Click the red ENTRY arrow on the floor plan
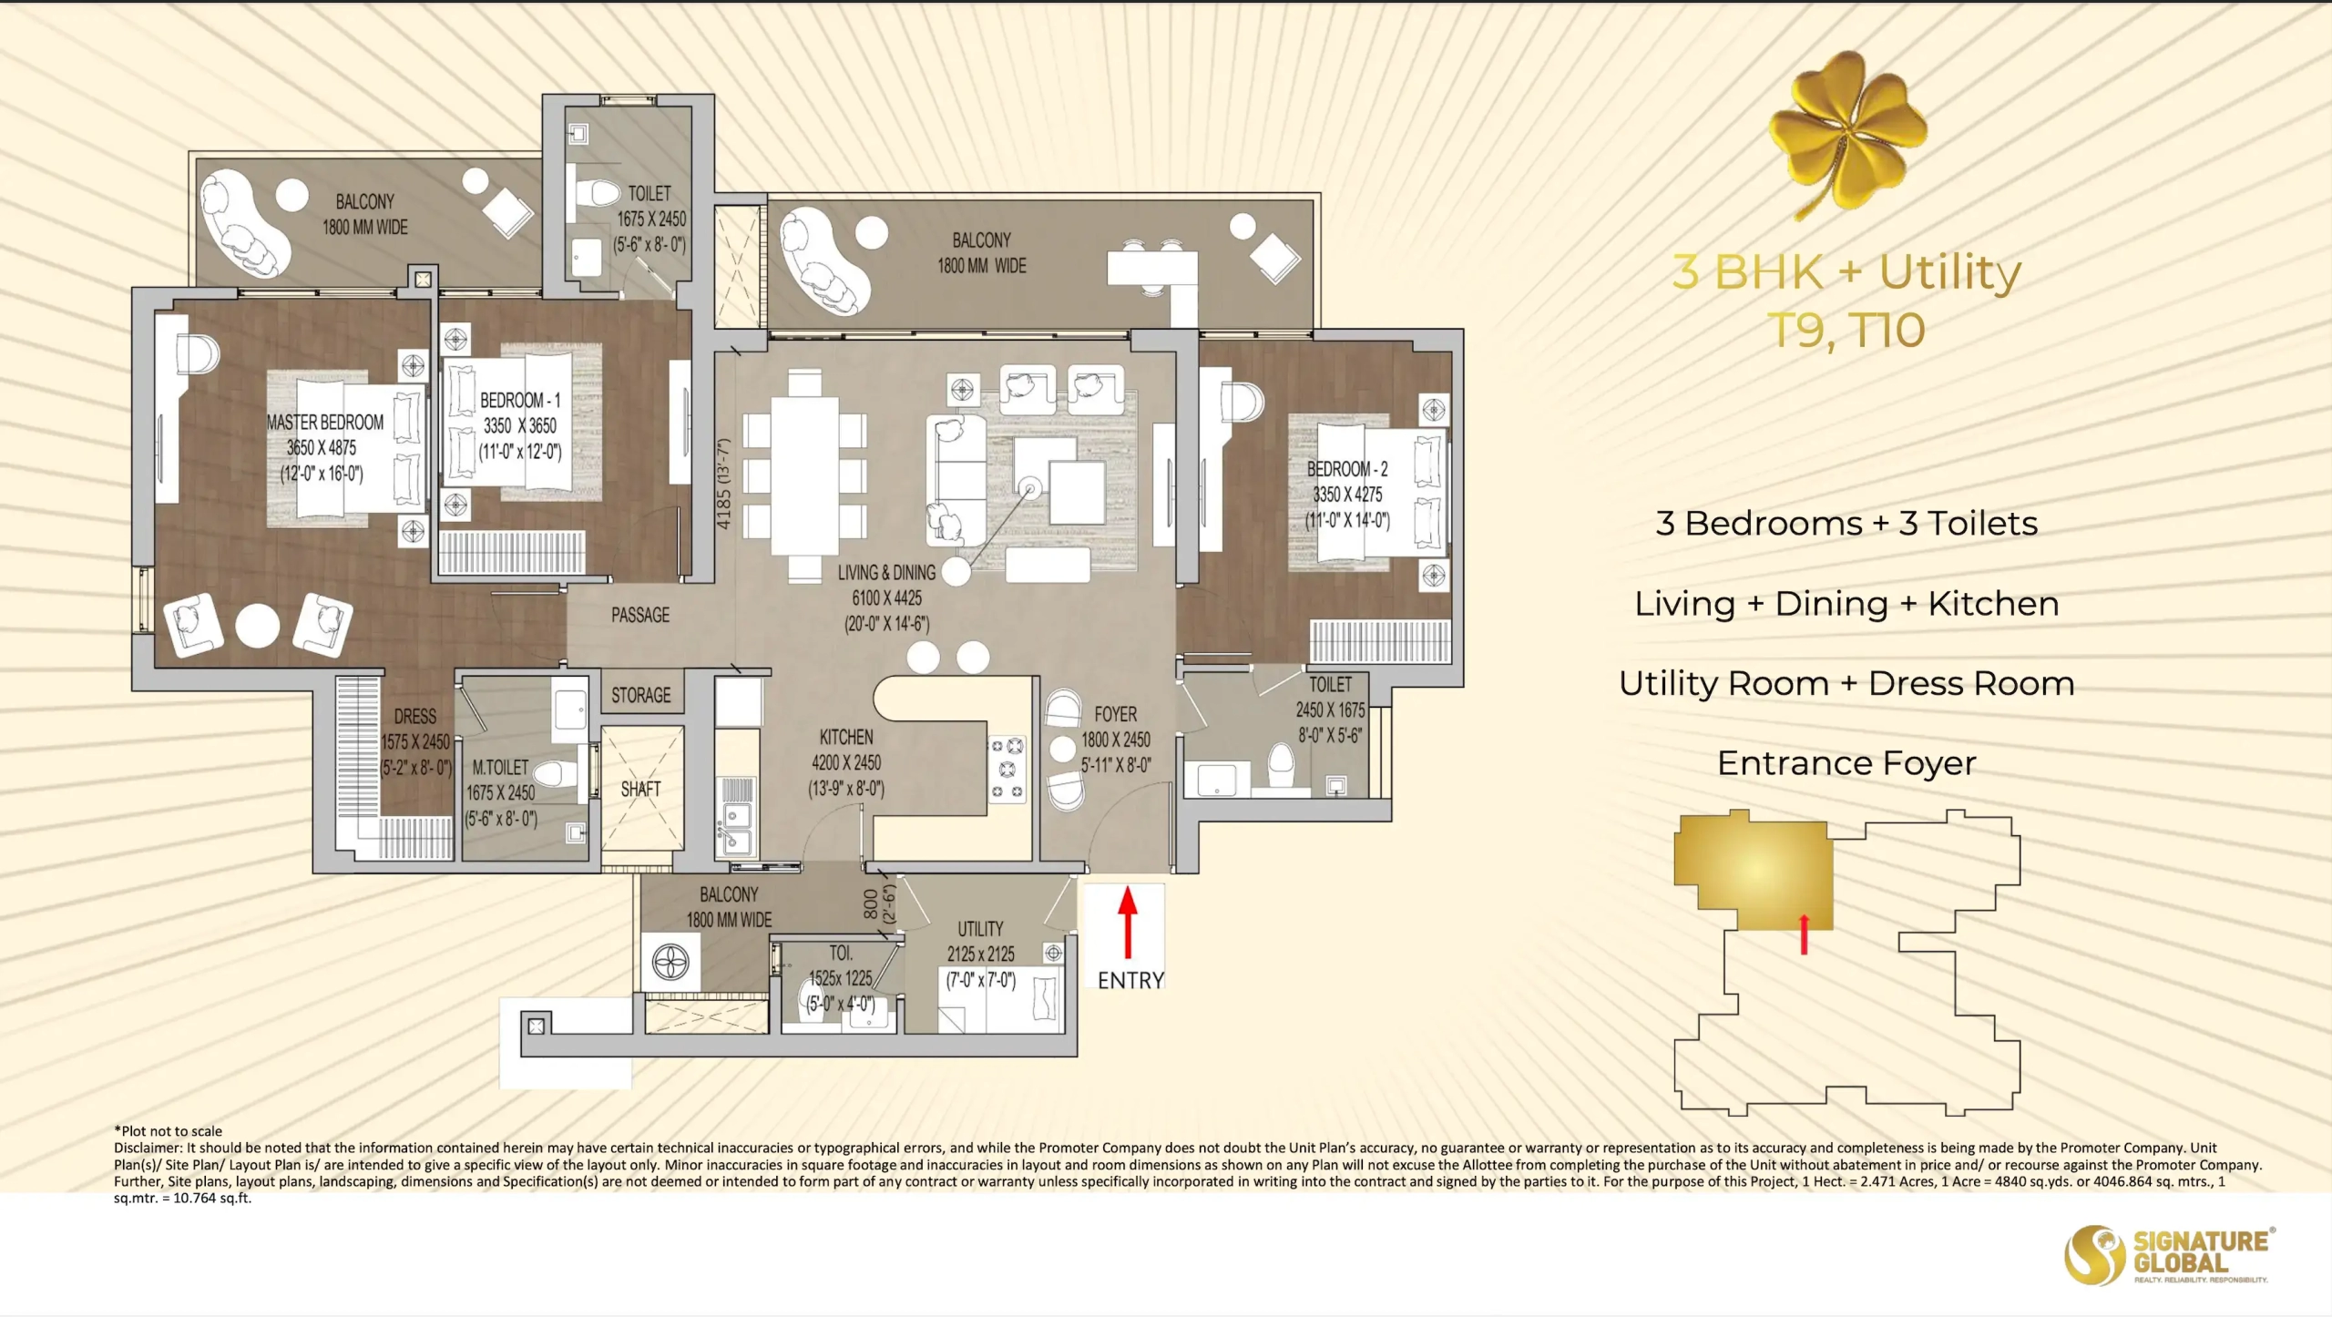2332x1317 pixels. click(x=1128, y=923)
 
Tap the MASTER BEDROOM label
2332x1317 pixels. click(x=325, y=423)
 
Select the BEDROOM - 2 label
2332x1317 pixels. click(x=1347, y=469)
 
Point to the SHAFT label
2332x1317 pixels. click(x=640, y=789)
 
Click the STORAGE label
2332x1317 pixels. click(x=640, y=695)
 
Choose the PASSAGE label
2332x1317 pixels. click(x=640, y=616)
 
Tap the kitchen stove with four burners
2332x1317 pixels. click(x=1007, y=770)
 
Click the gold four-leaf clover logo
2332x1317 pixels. click(x=1848, y=134)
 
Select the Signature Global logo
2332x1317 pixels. click(x=2169, y=1255)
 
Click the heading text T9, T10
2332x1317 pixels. click(x=1846, y=330)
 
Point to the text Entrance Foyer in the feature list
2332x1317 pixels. click(x=1846, y=763)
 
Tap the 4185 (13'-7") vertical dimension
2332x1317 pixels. click(x=724, y=484)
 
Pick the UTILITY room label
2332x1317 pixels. click(x=980, y=929)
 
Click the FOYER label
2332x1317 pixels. click(x=1116, y=714)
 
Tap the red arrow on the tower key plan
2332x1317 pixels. click(x=1804, y=934)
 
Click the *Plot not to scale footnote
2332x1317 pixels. click(x=168, y=1131)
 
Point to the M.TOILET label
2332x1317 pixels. click(x=500, y=768)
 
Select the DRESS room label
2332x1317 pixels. click(x=415, y=717)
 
